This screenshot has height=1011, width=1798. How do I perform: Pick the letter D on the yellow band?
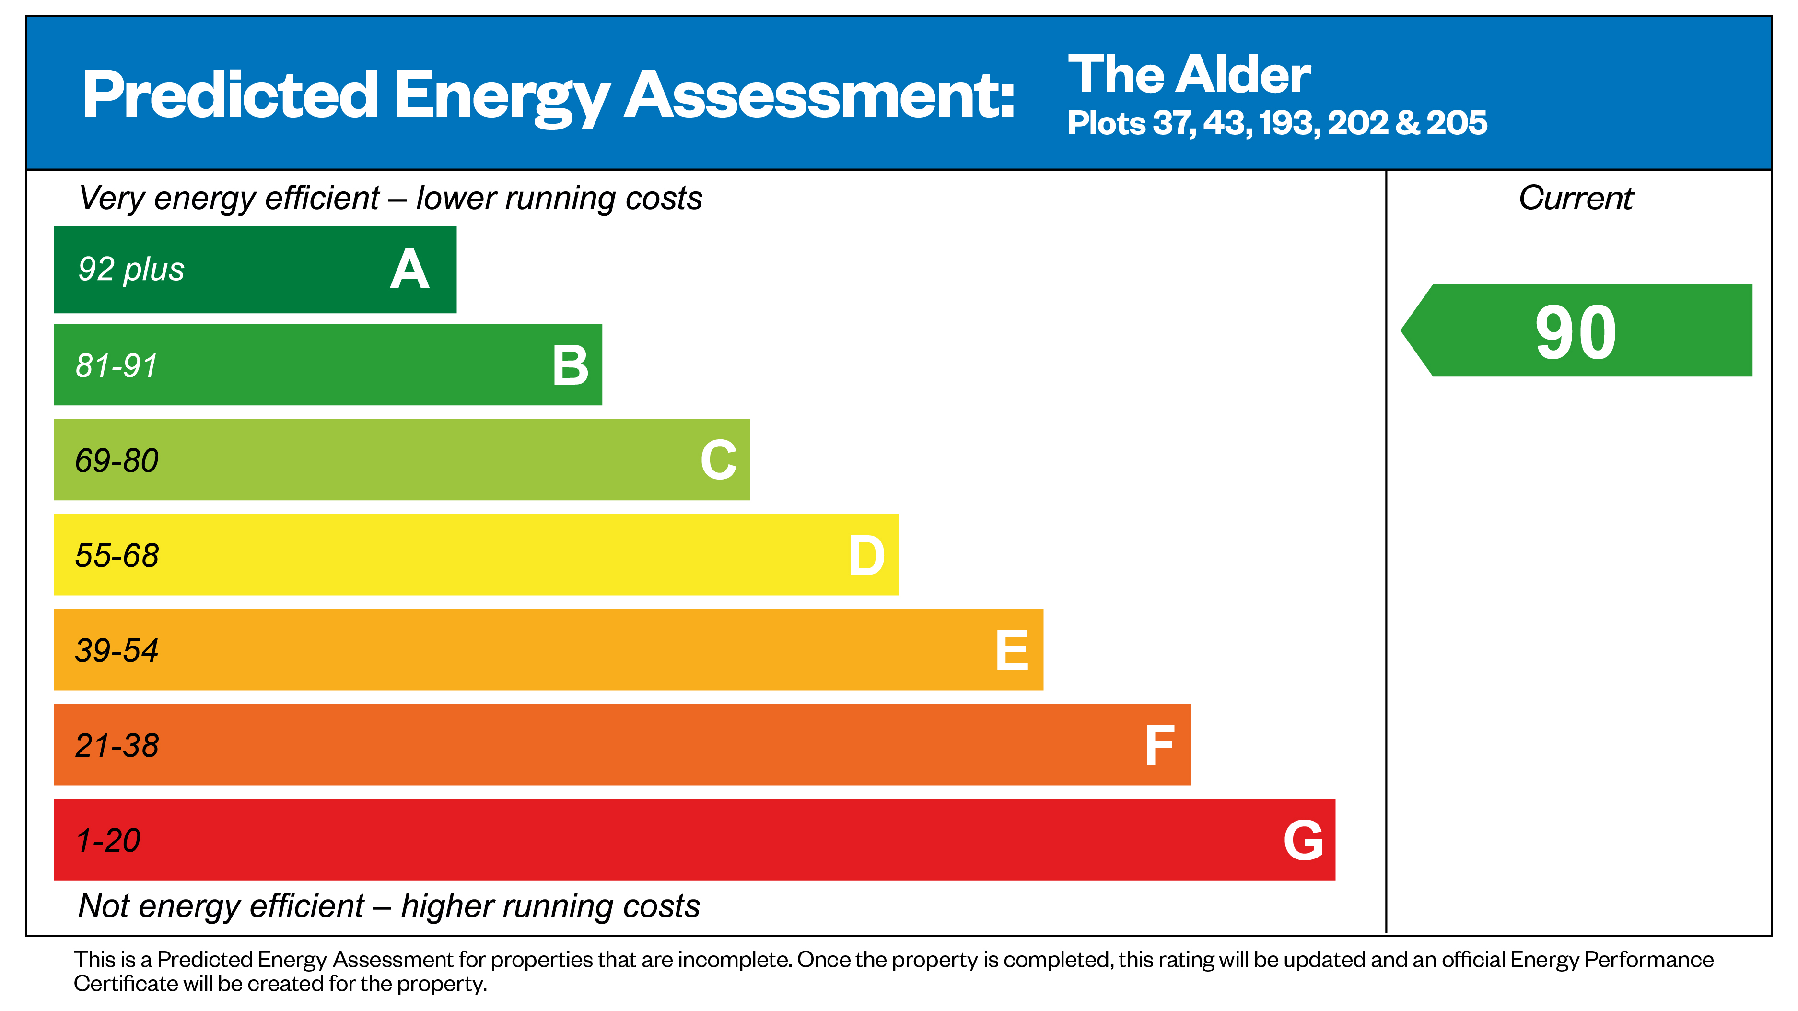click(866, 556)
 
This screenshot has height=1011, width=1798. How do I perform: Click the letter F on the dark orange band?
click(1159, 746)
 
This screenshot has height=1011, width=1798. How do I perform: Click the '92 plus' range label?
click(131, 270)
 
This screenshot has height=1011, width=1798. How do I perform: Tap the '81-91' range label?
click(117, 365)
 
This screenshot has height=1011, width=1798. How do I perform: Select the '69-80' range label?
click(117, 461)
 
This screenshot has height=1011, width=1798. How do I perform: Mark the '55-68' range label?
click(117, 556)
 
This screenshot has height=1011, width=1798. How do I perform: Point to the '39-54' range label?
click(117, 651)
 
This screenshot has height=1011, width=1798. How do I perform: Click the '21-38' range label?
click(117, 746)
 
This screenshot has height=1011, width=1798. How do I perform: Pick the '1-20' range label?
click(108, 841)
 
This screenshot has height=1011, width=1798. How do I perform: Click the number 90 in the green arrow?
click(1576, 333)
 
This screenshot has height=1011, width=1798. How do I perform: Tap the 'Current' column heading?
click(1576, 198)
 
